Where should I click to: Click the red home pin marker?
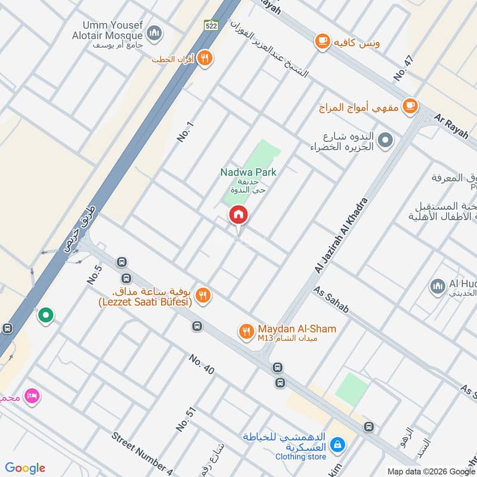238,215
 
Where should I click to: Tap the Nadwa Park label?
249,172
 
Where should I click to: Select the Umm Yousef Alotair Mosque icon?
154,31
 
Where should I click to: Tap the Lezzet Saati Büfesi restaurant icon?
203,295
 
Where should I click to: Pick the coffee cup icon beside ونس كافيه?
323,41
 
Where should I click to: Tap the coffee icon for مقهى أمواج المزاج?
409,106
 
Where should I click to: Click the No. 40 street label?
202,365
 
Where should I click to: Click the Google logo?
25,468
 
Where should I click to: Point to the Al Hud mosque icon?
437,286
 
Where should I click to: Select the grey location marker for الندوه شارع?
386,141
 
